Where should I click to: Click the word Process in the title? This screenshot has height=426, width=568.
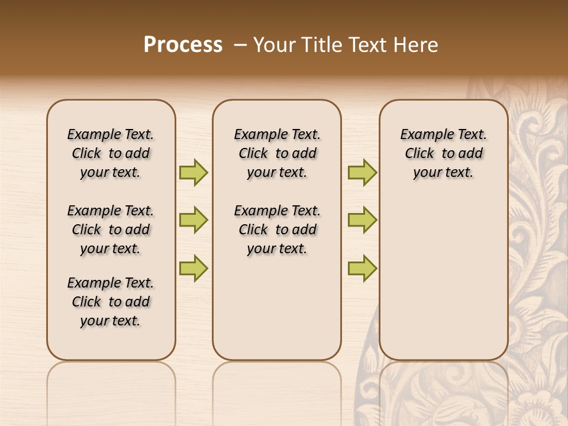point(183,45)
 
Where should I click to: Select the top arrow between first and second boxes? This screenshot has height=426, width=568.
point(193,172)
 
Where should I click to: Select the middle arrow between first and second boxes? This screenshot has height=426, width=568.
point(193,220)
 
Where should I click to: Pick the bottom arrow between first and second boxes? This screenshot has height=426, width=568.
point(193,268)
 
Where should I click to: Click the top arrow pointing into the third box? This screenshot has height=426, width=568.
point(362,172)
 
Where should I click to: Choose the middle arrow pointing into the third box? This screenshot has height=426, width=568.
point(362,220)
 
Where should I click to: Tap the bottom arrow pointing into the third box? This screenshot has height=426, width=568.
point(362,268)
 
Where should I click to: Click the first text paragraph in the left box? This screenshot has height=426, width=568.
point(111,153)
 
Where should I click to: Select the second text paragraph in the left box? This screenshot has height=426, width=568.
point(111,230)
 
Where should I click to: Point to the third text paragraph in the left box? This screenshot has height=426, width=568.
point(111,302)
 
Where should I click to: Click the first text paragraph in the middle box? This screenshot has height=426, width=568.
point(277,153)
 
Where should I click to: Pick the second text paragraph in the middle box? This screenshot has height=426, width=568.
point(277,230)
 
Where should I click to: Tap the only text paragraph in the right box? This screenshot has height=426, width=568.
point(443,153)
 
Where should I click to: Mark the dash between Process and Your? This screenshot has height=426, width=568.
point(240,45)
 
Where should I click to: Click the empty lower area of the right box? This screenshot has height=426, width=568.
point(443,284)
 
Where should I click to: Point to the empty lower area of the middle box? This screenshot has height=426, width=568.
point(277,308)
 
